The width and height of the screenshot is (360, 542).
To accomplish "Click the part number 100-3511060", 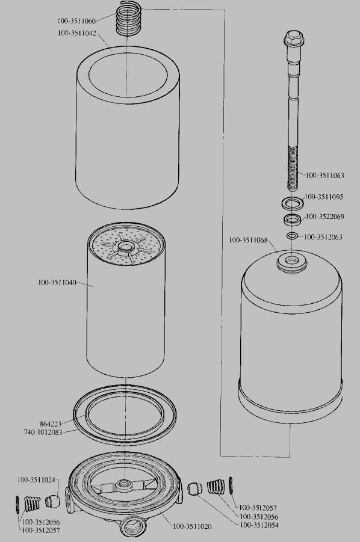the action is pyautogui.click(x=76, y=21).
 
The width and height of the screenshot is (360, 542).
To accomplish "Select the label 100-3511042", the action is pyautogui.click(x=77, y=33).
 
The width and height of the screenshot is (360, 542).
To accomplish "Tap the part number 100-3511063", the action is pyautogui.click(x=325, y=175).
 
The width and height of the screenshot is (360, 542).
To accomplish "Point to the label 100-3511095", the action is pyautogui.click(x=324, y=197).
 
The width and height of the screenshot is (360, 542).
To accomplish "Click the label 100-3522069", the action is pyautogui.click(x=325, y=217).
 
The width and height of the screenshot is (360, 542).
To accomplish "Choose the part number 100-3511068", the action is pyautogui.click(x=248, y=240).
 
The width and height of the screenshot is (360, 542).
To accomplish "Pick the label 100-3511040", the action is pyautogui.click(x=57, y=283).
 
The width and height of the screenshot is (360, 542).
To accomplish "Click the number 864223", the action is pyautogui.click(x=51, y=423).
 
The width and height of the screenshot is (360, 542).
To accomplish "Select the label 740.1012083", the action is pyautogui.click(x=43, y=433).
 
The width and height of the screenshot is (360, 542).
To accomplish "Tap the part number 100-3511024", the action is pyautogui.click(x=36, y=480).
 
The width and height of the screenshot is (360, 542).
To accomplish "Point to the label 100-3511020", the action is pyautogui.click(x=192, y=526).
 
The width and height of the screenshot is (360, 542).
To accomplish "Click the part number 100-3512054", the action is pyautogui.click(x=259, y=525).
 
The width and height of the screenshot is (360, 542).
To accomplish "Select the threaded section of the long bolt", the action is pyautogui.click(x=293, y=168).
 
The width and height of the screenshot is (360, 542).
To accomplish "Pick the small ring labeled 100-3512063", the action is pyautogui.click(x=292, y=236).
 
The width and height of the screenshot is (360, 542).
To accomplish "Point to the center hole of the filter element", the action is pyautogui.click(x=124, y=247).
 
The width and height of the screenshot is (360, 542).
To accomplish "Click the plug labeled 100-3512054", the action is pyautogui.click(x=196, y=489).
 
